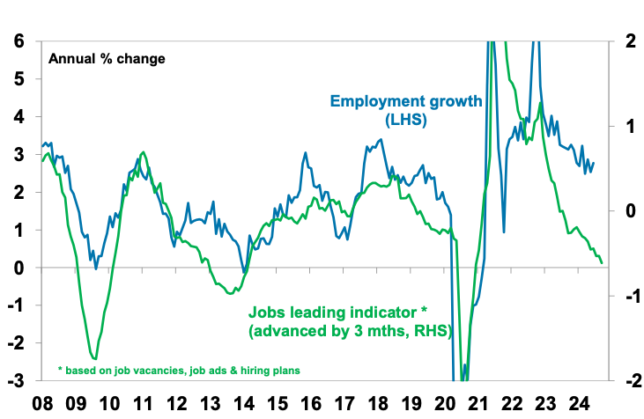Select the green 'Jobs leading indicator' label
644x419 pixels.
click(350, 321)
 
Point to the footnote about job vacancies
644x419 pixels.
click(179, 370)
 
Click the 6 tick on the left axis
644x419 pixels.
click(19, 40)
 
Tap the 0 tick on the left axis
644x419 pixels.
click(19, 268)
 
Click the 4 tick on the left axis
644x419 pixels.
click(19, 116)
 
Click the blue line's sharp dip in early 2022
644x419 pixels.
click(504, 232)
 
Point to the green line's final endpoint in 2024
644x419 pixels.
click(602, 262)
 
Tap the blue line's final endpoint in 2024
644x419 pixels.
click(593, 162)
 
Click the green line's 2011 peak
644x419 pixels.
click(143, 152)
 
